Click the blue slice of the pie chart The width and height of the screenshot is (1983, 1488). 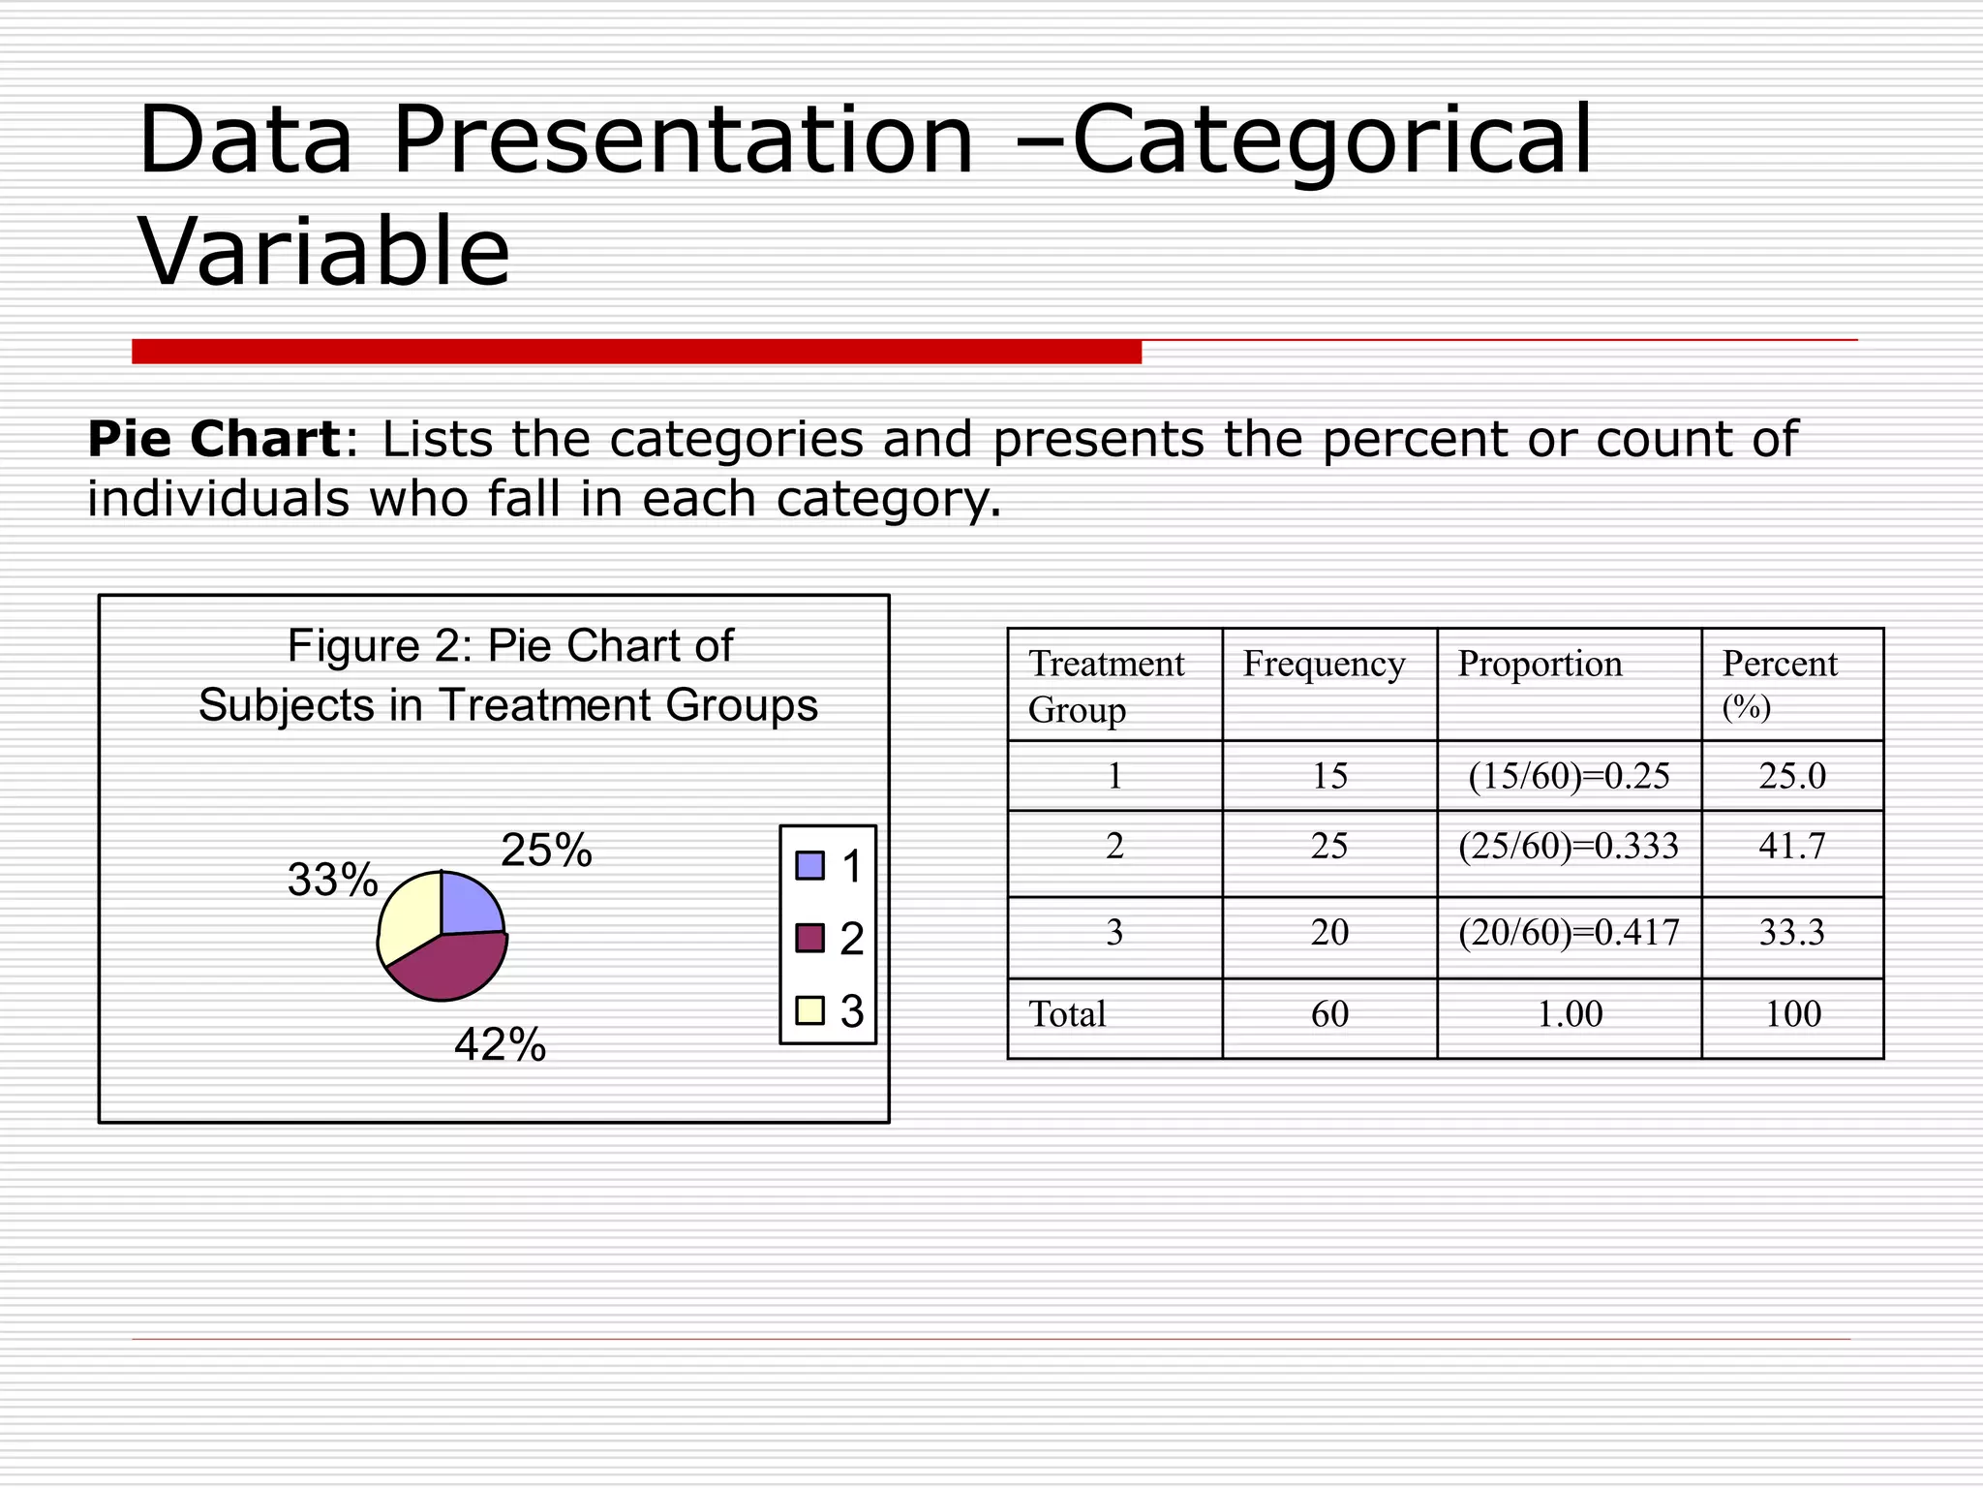(469, 905)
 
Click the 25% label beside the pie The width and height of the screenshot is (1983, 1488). (546, 851)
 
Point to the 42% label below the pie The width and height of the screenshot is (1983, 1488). (500, 1045)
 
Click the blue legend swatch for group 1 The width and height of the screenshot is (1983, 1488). (809, 865)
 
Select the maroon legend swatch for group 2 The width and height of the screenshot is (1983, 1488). (809, 938)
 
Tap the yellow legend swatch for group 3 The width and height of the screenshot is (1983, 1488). (809, 1010)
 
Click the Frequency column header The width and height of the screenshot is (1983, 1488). (1324, 665)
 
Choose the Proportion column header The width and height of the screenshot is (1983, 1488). (1540, 665)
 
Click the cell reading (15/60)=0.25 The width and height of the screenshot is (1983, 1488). (1569, 776)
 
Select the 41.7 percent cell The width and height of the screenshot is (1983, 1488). (1792, 846)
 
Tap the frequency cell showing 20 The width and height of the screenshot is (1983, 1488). (1329, 932)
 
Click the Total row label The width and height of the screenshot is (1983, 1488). (1067, 1014)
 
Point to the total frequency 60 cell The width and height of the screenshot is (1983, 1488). (1329, 1014)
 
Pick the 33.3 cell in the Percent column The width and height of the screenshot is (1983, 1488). (1792, 932)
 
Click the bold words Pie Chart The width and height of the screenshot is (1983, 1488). (213, 439)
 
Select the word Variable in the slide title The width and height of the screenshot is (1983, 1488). (324, 252)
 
